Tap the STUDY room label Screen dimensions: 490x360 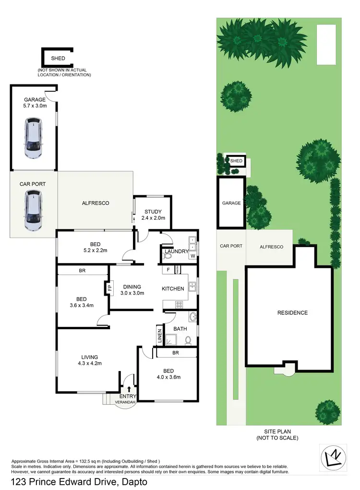(x=153, y=212)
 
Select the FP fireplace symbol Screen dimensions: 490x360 (x=109, y=288)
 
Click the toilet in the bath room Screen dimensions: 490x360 (x=189, y=340)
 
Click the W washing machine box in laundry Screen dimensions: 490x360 (x=192, y=256)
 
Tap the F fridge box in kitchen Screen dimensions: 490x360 (x=168, y=270)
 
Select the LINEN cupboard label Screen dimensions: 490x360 (x=159, y=336)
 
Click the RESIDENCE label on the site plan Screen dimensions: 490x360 (x=292, y=313)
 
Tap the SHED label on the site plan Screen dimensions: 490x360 (x=236, y=161)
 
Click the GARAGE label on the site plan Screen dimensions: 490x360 (x=231, y=203)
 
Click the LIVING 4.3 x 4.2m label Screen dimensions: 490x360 (x=90, y=360)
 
